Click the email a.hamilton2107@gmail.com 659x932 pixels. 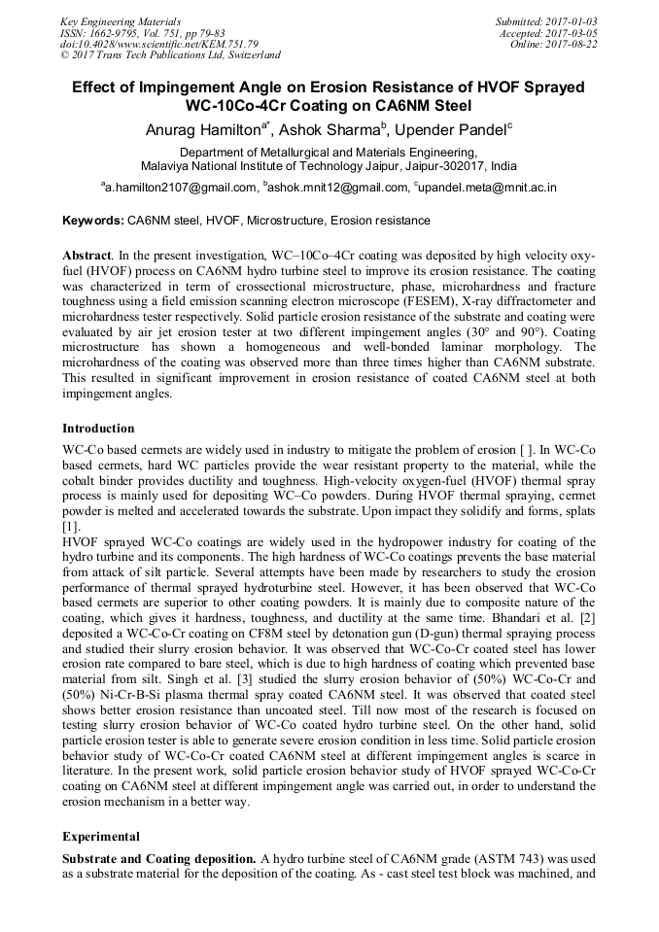(x=181, y=188)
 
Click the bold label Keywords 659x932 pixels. (x=92, y=221)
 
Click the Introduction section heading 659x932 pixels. (x=98, y=428)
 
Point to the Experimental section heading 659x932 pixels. (x=101, y=836)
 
